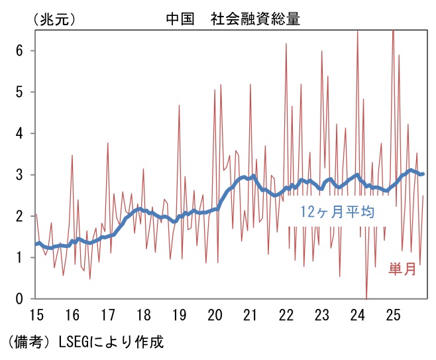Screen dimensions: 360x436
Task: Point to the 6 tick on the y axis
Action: click(20, 50)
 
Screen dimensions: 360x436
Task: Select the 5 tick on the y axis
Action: click(20, 91)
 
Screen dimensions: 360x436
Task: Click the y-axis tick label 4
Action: click(20, 133)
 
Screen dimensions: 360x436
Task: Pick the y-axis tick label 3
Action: click(20, 174)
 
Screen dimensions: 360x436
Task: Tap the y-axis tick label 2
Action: click(20, 216)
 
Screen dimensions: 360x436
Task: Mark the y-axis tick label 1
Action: click(20, 258)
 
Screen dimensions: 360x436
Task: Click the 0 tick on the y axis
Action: click(20, 299)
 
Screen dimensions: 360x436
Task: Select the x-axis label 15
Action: click(37, 314)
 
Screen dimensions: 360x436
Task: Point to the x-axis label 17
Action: click(108, 314)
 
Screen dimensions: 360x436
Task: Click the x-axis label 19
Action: click(179, 314)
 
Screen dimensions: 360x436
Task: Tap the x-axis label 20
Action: click(215, 314)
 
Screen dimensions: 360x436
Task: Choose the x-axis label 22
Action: click(286, 314)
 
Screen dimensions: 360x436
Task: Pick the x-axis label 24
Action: click(358, 314)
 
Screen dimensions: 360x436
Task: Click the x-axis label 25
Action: click(394, 314)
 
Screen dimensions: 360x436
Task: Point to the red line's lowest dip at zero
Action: click(366, 298)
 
